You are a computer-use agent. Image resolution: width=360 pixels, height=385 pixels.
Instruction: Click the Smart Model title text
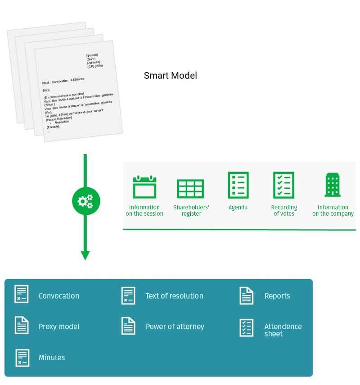tap(170, 76)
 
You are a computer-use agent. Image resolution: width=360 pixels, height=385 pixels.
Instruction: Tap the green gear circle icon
tap(85, 201)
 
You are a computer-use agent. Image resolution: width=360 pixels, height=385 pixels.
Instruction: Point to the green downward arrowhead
tap(85, 255)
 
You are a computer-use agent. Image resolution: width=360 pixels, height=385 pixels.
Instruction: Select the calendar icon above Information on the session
tap(144, 186)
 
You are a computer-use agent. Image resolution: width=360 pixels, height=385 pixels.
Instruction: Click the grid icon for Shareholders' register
tap(190, 189)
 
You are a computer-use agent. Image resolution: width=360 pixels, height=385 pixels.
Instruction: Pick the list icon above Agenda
tap(238, 185)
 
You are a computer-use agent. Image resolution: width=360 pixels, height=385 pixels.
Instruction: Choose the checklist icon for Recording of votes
tap(283, 185)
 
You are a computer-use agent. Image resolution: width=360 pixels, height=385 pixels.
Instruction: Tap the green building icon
tap(333, 185)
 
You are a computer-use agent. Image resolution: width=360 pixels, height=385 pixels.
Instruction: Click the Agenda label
tap(238, 208)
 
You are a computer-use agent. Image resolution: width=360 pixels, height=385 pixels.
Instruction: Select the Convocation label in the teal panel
tap(58, 296)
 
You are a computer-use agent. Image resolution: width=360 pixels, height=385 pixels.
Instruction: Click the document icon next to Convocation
tap(22, 294)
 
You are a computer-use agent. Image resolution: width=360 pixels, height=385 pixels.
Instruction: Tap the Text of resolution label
tap(174, 296)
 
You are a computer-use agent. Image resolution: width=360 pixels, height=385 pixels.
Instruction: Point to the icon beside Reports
tap(246, 296)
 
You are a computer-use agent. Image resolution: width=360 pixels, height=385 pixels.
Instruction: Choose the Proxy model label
tap(59, 326)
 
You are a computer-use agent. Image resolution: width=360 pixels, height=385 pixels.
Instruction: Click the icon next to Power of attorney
tap(128, 326)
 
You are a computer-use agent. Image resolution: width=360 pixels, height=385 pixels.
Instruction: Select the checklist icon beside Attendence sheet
tap(246, 328)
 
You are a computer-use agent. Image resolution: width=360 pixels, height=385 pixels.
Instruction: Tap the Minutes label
tap(52, 358)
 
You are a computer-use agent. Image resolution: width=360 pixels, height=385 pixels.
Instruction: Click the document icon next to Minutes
tap(22, 358)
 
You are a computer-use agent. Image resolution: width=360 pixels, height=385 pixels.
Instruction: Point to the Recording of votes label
tap(284, 210)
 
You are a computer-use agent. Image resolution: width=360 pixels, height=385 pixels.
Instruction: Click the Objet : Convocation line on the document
tap(63, 81)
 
